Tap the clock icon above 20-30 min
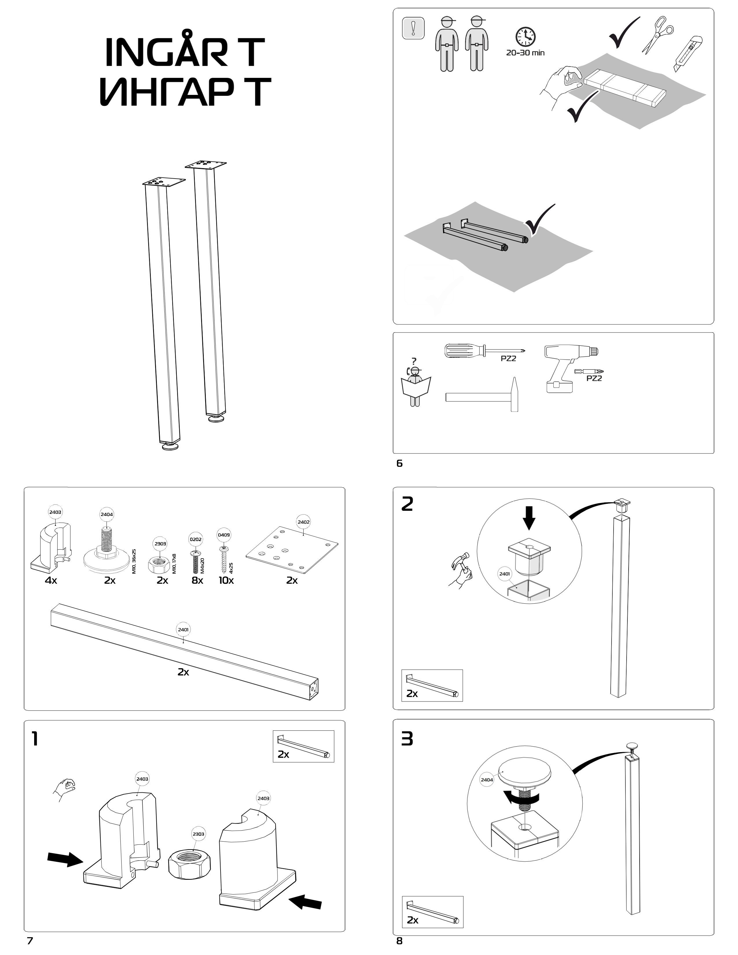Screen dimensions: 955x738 pyautogui.click(x=525, y=37)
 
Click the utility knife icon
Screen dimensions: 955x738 pyautogui.click(x=688, y=54)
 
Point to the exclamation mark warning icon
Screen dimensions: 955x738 pyautogui.click(x=413, y=28)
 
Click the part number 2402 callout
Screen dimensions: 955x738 pyautogui.click(x=303, y=522)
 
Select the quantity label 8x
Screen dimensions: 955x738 pyautogui.click(x=197, y=580)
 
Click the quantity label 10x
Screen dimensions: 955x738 pyautogui.click(x=226, y=580)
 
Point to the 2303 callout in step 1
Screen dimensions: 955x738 pyautogui.click(x=198, y=834)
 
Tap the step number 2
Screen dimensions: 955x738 pyautogui.click(x=407, y=504)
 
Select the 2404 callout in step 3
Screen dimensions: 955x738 pyautogui.click(x=487, y=780)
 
